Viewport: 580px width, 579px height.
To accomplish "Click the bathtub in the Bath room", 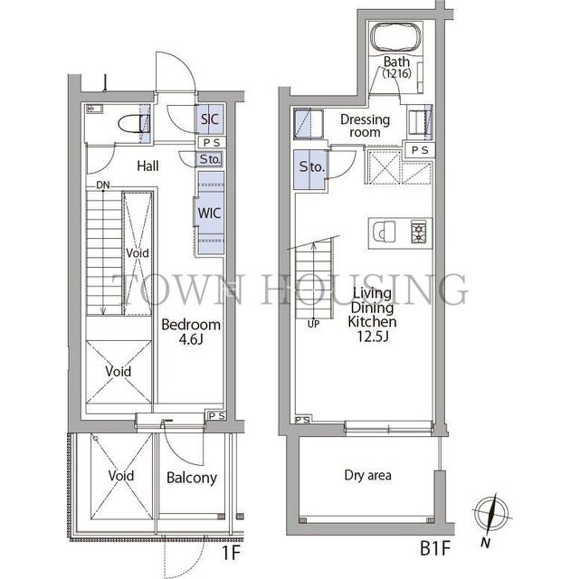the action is (x=395, y=38).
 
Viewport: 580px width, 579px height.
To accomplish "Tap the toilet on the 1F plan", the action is (x=134, y=124).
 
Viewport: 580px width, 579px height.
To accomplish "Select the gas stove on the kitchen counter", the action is (x=418, y=232).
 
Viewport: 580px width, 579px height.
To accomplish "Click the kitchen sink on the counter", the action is (x=384, y=232).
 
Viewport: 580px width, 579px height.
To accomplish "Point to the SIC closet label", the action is (x=210, y=119).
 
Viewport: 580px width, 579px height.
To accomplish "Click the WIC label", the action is (x=209, y=213).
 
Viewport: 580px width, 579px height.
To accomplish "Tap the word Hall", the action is (x=148, y=166).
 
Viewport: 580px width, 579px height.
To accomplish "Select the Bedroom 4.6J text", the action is (x=191, y=332).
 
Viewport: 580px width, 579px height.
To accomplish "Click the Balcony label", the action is (x=192, y=478).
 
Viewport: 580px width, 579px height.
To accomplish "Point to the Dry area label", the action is (x=367, y=475).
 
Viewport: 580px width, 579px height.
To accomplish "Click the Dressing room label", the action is (x=365, y=126).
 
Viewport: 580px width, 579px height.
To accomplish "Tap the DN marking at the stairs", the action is (x=103, y=185).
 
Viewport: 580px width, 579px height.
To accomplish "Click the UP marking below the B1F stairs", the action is (x=313, y=324).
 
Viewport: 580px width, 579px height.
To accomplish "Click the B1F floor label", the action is (x=435, y=548).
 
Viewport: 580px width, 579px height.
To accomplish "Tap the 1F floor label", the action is (x=232, y=553).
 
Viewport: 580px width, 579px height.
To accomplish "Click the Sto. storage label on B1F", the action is (x=312, y=167).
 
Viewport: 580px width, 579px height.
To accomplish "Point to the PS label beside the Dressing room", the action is (x=420, y=150).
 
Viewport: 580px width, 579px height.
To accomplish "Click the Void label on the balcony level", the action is (x=121, y=476).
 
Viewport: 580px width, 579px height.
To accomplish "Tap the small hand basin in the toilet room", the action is (x=94, y=109).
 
